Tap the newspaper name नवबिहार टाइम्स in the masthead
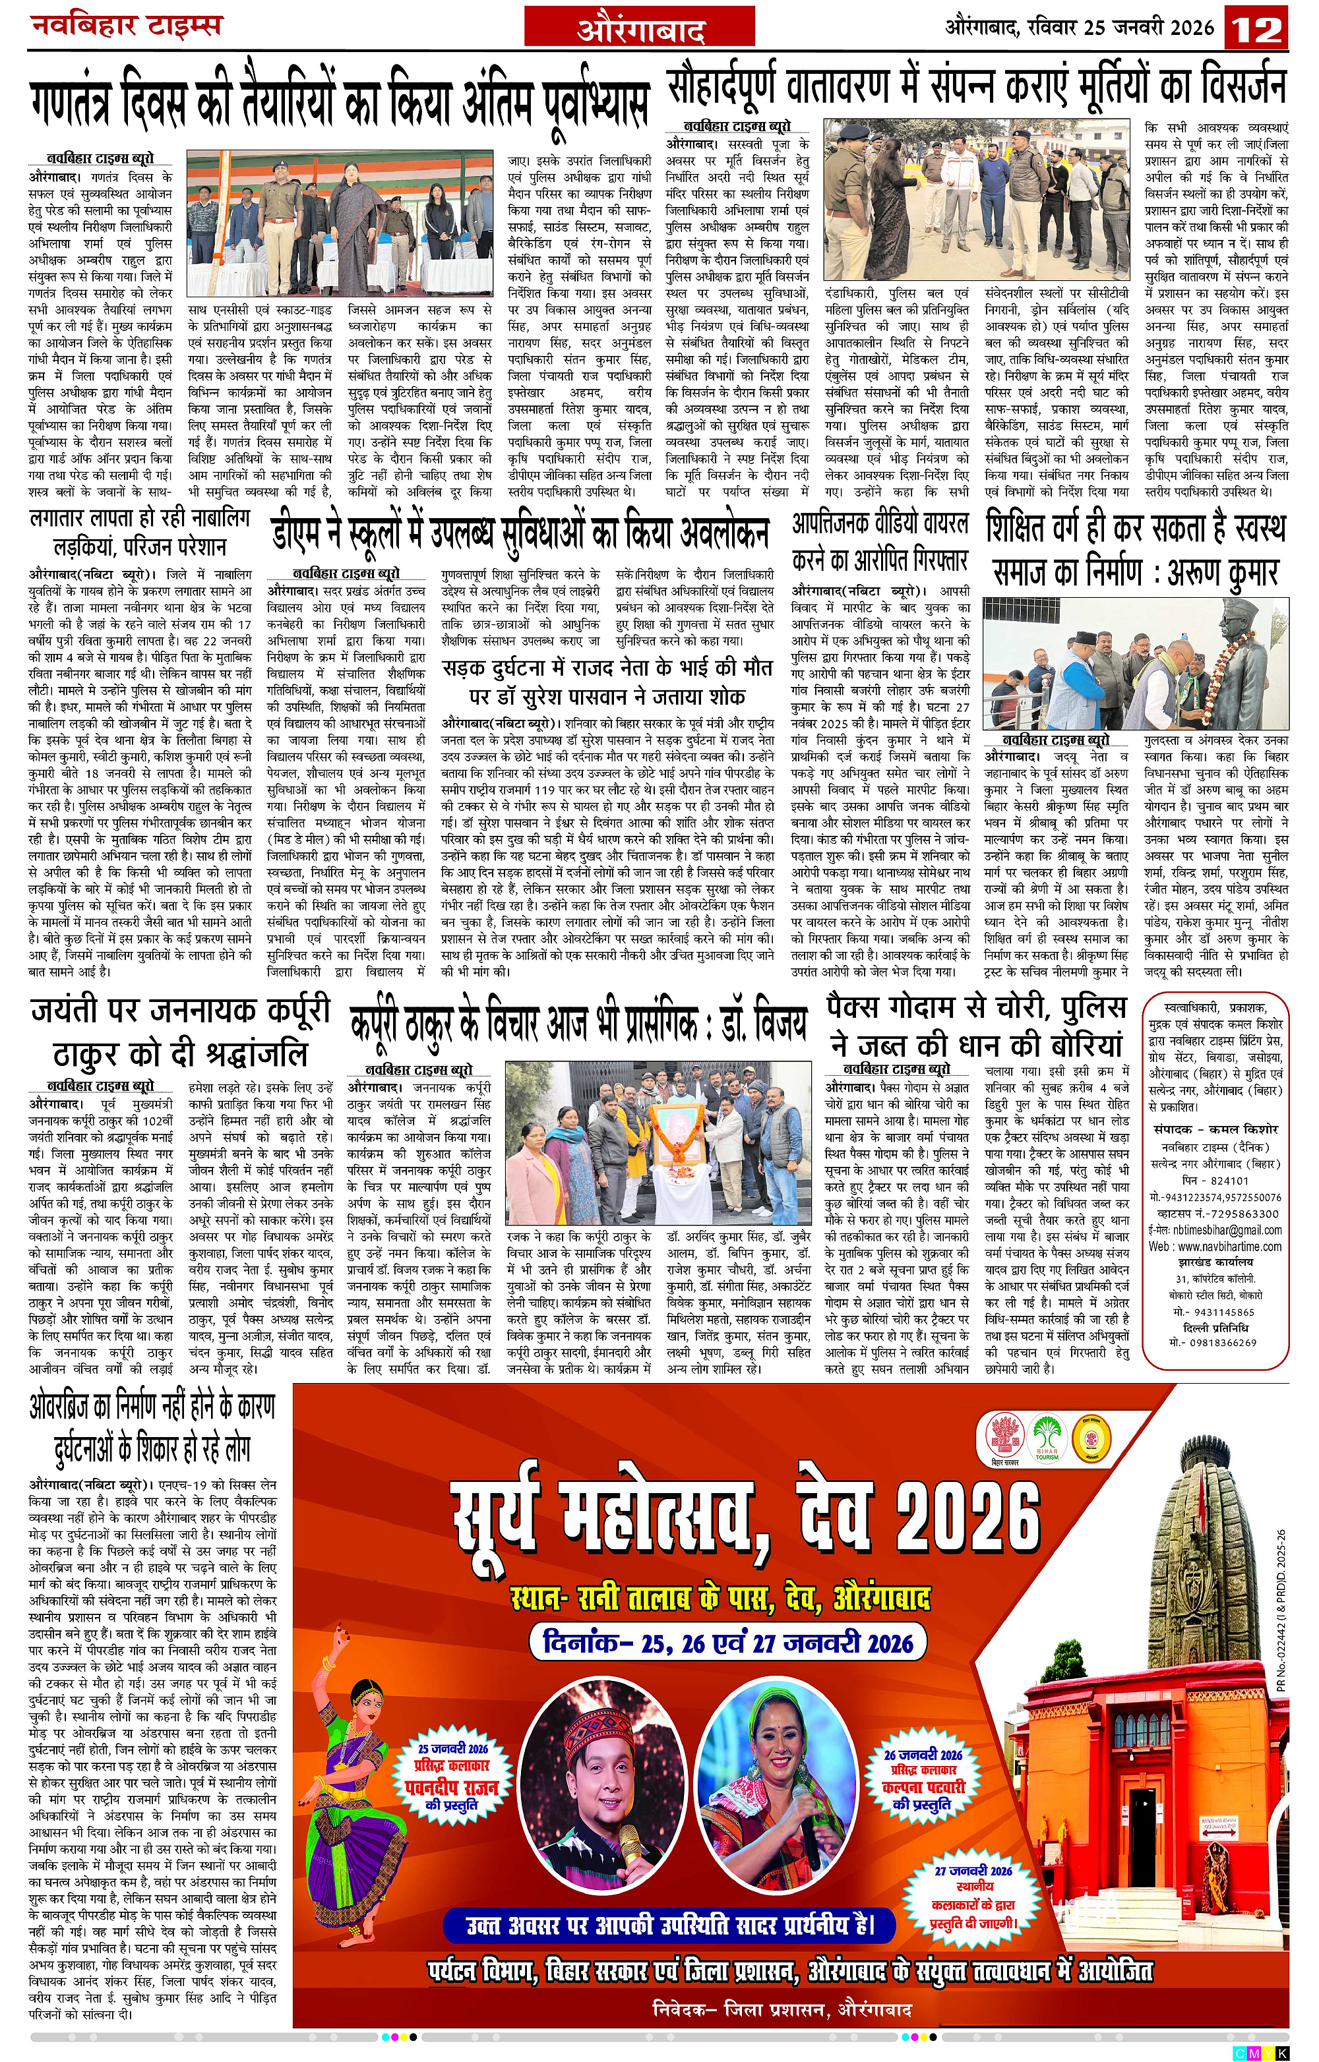point(126,26)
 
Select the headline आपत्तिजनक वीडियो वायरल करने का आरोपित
point(880,541)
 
